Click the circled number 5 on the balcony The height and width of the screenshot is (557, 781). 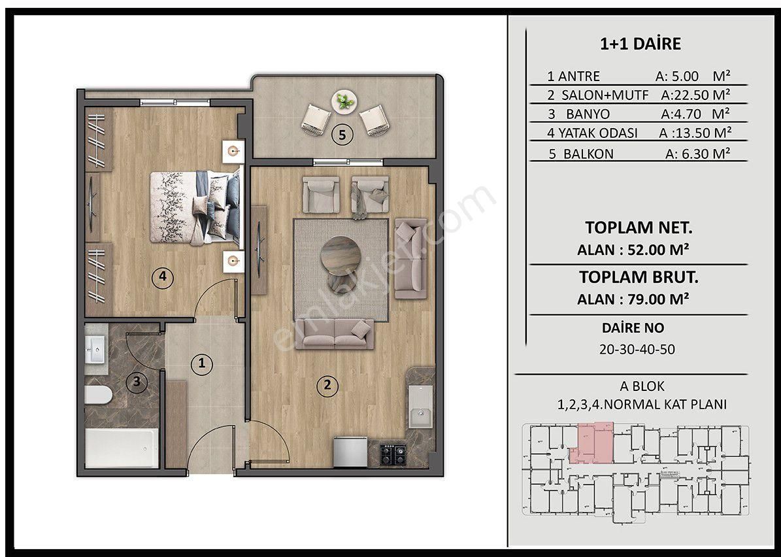342,135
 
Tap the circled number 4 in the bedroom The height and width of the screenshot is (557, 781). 162,277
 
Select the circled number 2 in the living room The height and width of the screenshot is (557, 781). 327,385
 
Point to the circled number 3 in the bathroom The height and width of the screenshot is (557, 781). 137,382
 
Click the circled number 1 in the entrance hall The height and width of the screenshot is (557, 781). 202,363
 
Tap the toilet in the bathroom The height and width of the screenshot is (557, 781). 98,395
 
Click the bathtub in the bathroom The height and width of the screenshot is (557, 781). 122,448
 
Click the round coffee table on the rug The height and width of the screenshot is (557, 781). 341,256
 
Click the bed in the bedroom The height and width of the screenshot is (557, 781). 195,207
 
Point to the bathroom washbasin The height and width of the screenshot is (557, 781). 95,350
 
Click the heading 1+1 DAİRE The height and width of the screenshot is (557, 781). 640,44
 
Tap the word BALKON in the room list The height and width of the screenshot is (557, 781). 588,154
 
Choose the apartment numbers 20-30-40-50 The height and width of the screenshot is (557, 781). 637,349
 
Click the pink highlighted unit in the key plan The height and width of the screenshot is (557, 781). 595,441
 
